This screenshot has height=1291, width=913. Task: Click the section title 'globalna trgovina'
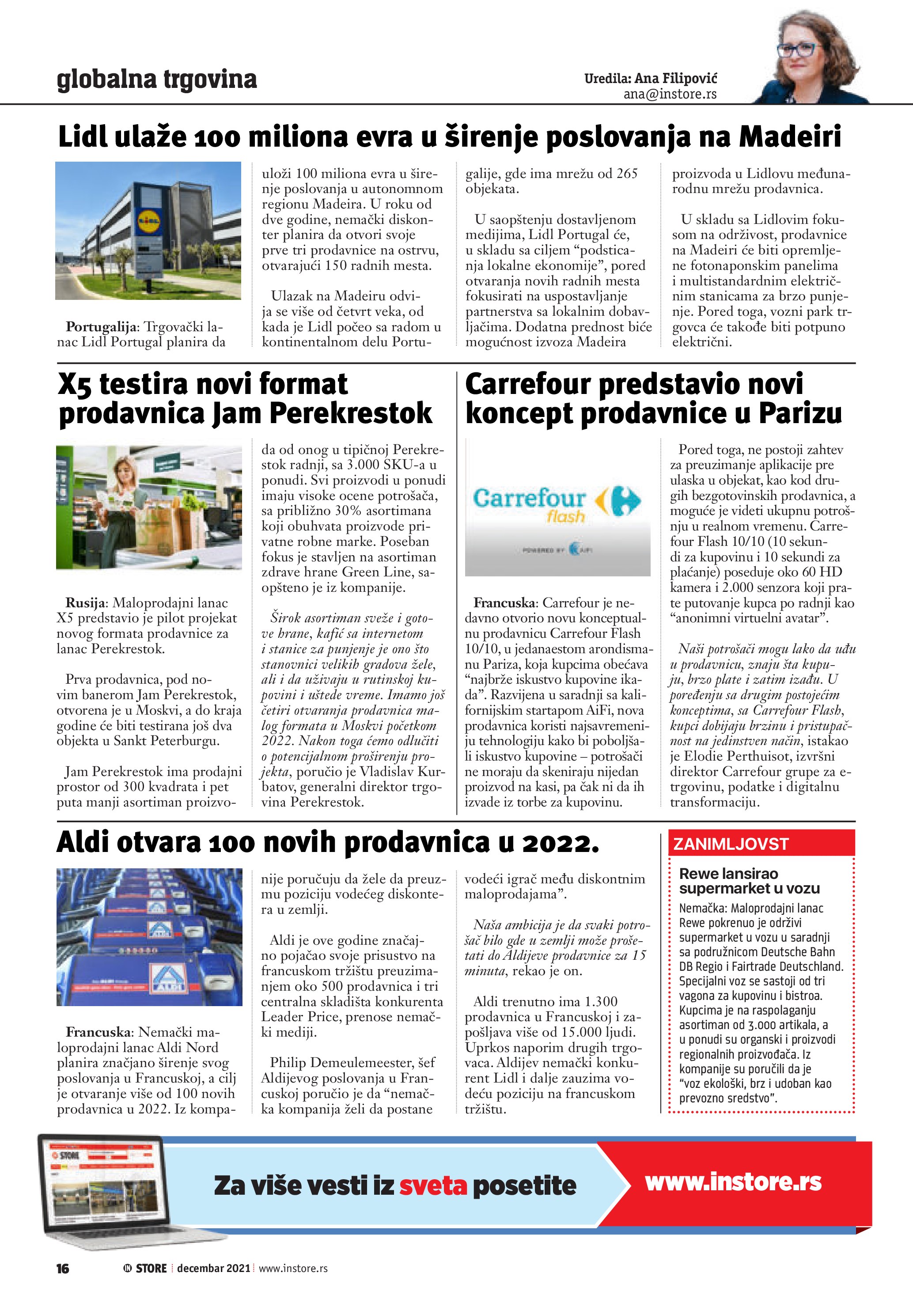pos(157,80)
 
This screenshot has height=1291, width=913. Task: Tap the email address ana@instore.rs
pos(670,95)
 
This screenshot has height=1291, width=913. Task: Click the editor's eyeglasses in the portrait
pos(797,49)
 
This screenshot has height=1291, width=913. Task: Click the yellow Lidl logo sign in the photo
pos(148,221)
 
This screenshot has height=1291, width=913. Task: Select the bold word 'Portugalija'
pos(101,327)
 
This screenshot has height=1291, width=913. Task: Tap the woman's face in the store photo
pos(125,467)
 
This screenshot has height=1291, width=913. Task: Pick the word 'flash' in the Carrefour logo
pos(565,516)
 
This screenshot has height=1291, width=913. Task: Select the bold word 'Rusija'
pos(85,603)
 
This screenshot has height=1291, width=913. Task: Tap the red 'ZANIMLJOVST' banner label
pos(731,844)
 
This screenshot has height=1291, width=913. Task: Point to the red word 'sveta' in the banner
pos(433,1186)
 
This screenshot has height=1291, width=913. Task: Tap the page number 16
pos(62,1268)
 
